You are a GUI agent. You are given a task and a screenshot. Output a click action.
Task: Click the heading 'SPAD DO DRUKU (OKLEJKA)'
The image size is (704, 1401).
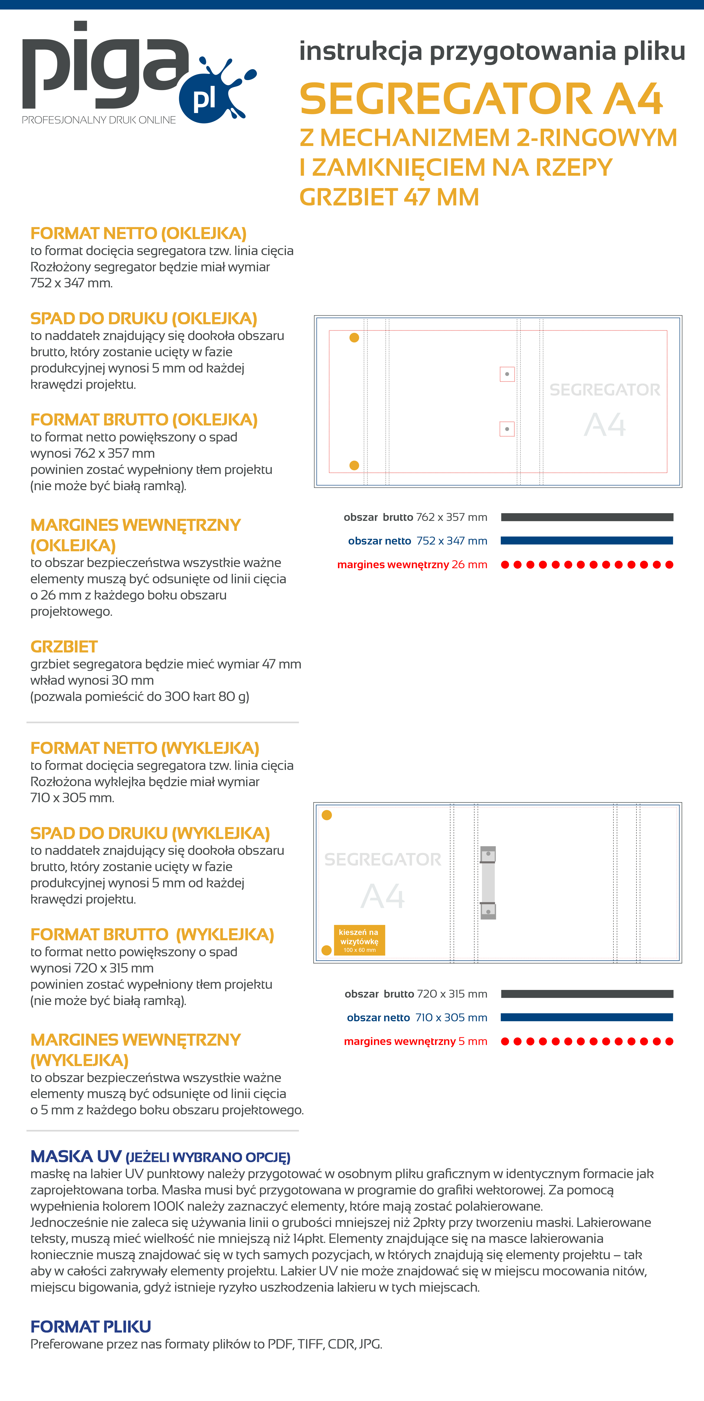tap(144, 319)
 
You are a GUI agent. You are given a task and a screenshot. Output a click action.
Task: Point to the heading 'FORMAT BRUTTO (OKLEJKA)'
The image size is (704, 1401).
tap(144, 420)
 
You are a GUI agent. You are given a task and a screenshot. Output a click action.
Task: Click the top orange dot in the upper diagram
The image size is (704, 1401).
tap(354, 338)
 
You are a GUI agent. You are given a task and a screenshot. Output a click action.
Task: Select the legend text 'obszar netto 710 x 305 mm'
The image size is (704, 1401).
tap(417, 1018)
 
